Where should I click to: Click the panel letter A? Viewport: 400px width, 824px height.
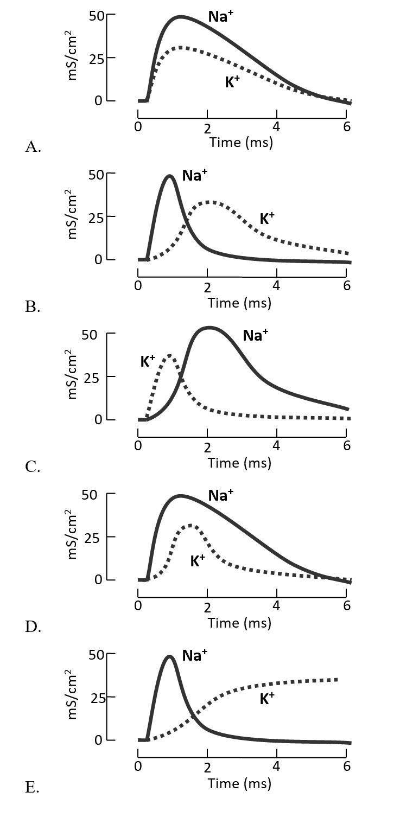pyautogui.click(x=33, y=147)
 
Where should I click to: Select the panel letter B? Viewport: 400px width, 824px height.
pyautogui.click(x=33, y=307)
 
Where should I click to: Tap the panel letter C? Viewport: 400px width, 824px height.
pyautogui.click(x=33, y=467)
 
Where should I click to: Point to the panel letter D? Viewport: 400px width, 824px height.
pyautogui.click(x=33, y=627)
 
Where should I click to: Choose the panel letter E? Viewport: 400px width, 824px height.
pyautogui.click(x=32, y=787)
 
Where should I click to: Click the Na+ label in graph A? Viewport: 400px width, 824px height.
pyautogui.click(x=221, y=16)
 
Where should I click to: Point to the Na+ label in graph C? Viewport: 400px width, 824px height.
pyautogui.click(x=255, y=335)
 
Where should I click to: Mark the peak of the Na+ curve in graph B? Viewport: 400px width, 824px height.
pyautogui.click(x=170, y=176)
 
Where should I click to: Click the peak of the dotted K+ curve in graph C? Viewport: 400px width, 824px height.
pyautogui.click(x=170, y=356)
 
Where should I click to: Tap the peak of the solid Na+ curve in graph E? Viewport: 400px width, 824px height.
pyautogui.click(x=170, y=656)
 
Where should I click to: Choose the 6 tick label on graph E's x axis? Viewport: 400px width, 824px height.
pyautogui.click(x=347, y=766)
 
